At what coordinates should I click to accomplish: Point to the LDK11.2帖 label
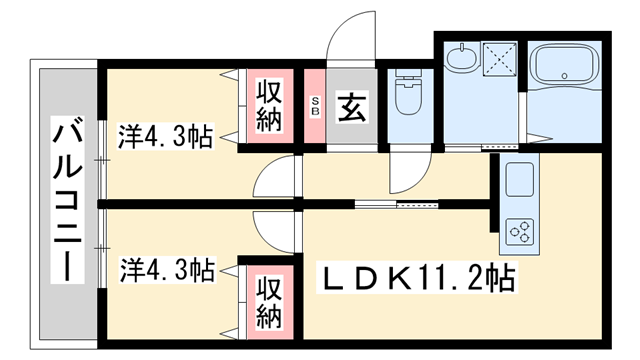[415, 277]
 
